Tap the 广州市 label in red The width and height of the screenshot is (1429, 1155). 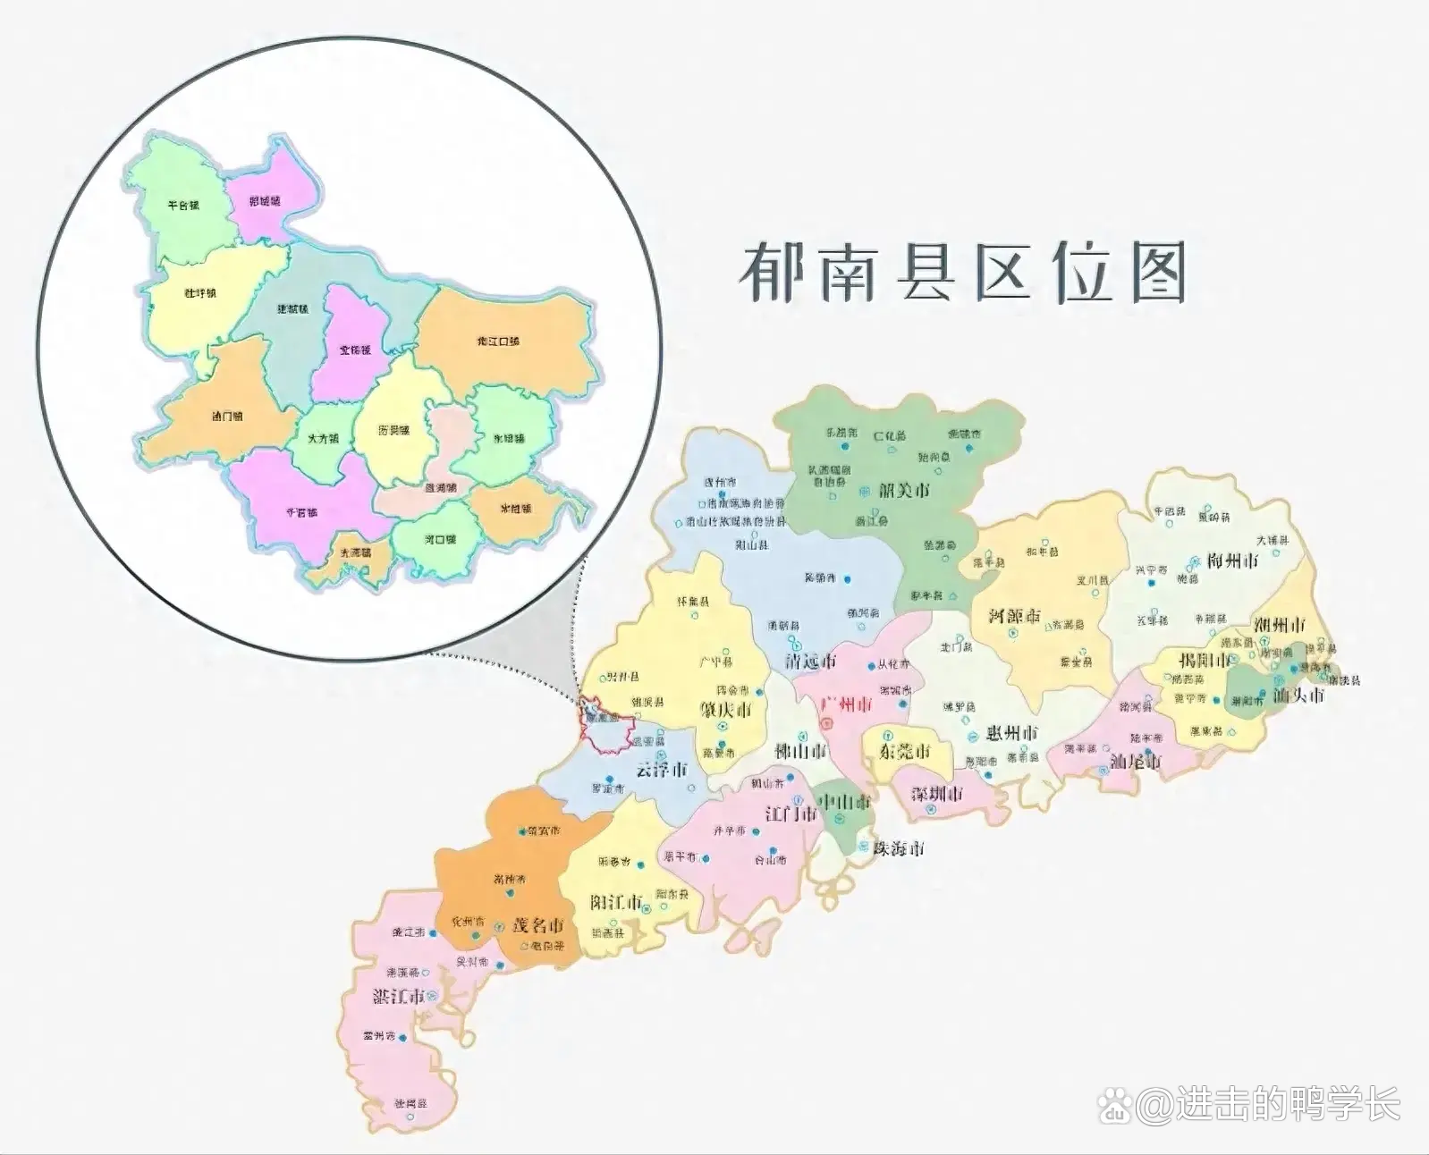(845, 704)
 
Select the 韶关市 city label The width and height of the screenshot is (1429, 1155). (904, 490)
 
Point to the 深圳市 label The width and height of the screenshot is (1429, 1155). (937, 794)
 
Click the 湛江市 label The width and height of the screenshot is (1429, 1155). (398, 995)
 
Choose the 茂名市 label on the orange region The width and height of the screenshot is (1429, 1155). (537, 924)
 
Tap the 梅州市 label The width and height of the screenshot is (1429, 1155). (1232, 561)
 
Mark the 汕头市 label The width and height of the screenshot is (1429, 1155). (1298, 695)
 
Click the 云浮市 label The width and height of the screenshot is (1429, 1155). (662, 770)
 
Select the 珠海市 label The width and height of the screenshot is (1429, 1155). (899, 848)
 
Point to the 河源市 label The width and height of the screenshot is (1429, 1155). (1014, 616)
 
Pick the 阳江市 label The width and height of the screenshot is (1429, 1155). (616, 901)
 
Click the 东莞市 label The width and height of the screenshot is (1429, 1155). (904, 751)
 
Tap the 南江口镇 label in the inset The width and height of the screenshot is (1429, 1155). (498, 341)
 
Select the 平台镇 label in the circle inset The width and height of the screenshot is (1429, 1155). (183, 206)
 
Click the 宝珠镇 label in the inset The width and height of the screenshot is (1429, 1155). (354, 350)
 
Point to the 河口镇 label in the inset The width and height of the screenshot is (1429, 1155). (440, 540)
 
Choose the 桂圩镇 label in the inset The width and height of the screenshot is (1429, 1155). (200, 293)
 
